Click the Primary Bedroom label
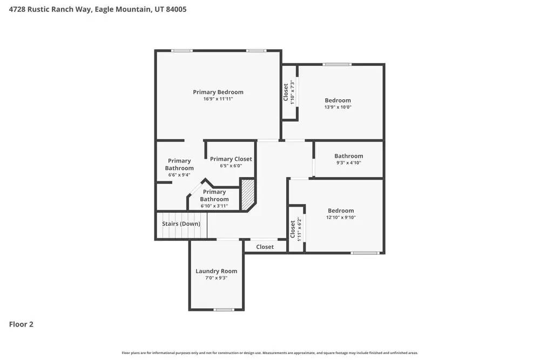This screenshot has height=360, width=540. [218, 92]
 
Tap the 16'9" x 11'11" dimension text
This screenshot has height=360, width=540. [218, 99]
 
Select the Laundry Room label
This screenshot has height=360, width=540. [216, 271]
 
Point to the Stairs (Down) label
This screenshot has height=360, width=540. [181, 224]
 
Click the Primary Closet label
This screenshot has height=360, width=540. [231, 159]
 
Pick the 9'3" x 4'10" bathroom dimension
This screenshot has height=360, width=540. [348, 163]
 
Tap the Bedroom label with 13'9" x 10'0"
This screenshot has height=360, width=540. [337, 100]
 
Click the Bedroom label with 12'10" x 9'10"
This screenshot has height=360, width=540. [341, 211]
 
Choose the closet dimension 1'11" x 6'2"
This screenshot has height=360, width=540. [299, 228]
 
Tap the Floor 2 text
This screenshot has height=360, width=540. [22, 324]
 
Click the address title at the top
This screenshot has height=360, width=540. [98, 9]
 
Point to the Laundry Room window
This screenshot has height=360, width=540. [224, 310]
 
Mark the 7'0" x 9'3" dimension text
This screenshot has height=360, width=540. [216, 278]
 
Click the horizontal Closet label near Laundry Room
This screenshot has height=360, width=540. [265, 247]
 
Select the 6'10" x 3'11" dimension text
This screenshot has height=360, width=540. [214, 206]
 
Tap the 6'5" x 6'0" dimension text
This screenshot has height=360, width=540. [231, 166]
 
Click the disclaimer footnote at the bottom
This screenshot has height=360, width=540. [270, 353]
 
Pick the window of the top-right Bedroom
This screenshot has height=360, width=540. [337, 65]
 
